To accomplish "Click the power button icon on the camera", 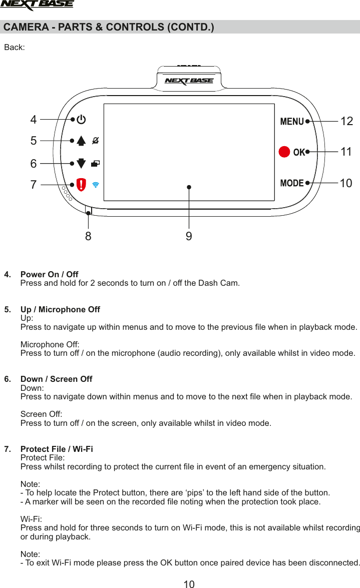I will [x=81, y=120].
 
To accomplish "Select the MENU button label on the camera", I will [x=292, y=121].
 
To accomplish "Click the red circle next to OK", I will [x=284, y=152].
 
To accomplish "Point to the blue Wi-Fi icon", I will [x=96, y=184].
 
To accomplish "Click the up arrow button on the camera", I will [x=81, y=141].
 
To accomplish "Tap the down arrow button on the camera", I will [x=81, y=163].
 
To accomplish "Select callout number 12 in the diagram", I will [x=346, y=121].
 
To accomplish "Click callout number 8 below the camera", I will [x=88, y=236].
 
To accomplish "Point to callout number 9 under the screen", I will [x=189, y=236].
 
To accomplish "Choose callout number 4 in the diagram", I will [x=34, y=120].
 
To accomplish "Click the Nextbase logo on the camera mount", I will [x=189, y=81].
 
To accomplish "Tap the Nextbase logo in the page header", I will [x=37, y=6].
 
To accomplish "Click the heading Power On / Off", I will [x=49, y=274].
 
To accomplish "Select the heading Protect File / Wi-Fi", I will [x=56, y=449].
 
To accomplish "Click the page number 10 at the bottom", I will [x=189, y=583].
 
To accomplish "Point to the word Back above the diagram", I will [x=14, y=48].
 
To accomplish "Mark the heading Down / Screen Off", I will [x=56, y=379].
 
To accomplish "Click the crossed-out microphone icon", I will [x=96, y=141].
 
